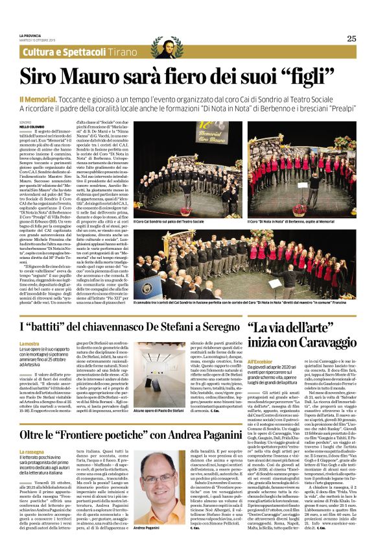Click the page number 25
(x=351, y=38)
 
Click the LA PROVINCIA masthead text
(x=30, y=35)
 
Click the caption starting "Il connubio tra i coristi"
(x=246, y=303)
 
